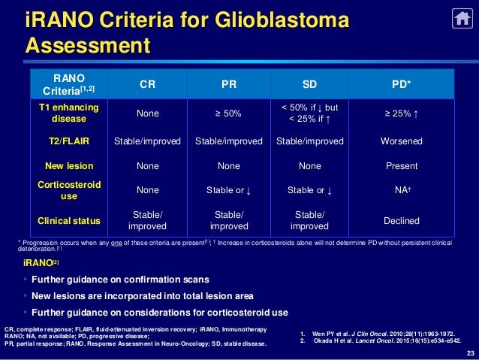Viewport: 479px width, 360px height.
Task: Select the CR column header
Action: tap(147, 85)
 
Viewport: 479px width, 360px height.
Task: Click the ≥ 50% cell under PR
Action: tap(228, 113)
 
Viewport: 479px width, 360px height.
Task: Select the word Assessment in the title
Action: tap(88, 47)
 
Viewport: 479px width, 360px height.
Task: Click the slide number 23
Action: tap(470, 353)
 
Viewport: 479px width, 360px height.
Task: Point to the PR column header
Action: tap(228, 85)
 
